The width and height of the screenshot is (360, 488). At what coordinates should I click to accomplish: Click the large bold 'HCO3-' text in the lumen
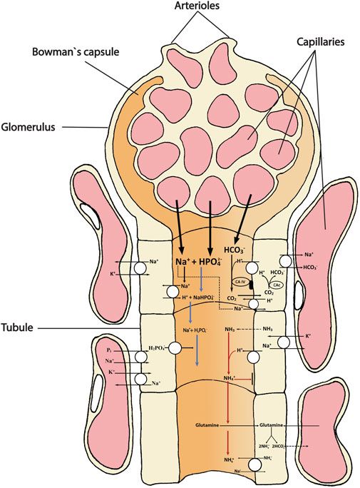(x=234, y=250)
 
